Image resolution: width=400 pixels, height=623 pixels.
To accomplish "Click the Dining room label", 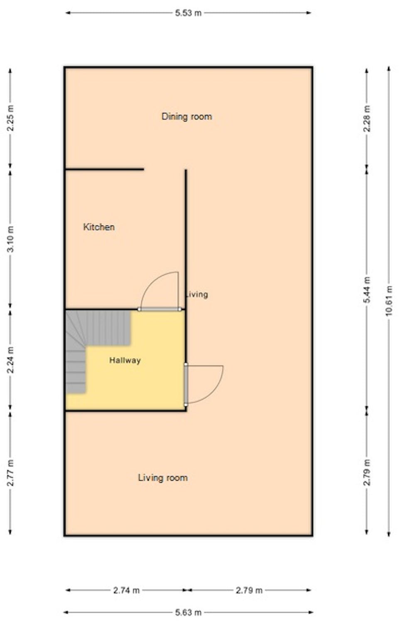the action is click(187, 117).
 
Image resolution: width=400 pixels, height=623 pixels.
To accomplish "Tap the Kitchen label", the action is click(99, 227).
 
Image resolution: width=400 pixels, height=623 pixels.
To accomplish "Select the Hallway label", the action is click(125, 360).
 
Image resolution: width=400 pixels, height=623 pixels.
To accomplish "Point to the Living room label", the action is click(163, 478).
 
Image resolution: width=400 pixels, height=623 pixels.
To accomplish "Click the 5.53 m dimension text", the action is click(188, 13).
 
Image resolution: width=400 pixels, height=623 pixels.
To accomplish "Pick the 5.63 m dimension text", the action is click(188, 612).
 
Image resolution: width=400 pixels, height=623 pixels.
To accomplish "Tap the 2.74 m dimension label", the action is click(126, 590).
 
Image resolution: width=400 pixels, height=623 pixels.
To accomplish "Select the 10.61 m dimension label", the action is click(389, 301).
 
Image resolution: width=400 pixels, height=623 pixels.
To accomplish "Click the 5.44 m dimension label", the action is click(367, 289).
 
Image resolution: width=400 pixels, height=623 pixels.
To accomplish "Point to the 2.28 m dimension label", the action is click(367, 118).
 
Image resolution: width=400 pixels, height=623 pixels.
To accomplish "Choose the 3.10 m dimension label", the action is click(10, 239).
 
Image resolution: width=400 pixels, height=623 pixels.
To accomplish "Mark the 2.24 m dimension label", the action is click(10, 360).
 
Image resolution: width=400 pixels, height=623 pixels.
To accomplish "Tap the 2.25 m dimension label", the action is click(10, 118).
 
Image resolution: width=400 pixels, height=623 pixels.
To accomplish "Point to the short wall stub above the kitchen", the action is click(104, 169).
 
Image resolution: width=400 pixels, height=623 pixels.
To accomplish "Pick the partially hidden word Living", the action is click(197, 294).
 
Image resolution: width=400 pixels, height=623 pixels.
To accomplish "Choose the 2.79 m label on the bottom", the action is click(249, 590).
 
